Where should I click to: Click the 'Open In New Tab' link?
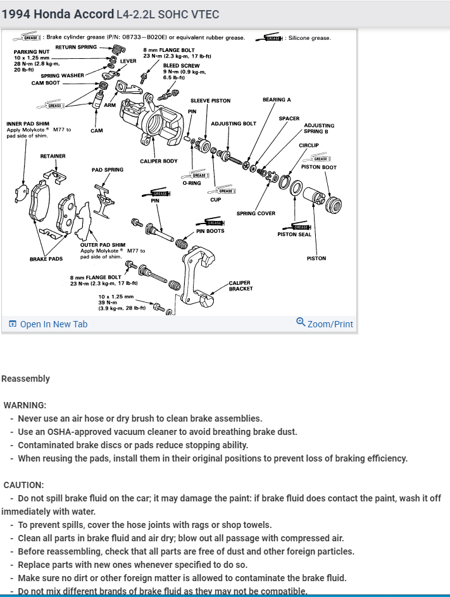click(49, 324)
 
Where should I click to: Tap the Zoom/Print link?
click(325, 324)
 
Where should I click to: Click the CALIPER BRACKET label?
click(241, 286)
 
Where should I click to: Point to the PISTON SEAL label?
click(294, 234)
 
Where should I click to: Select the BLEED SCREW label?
click(181, 66)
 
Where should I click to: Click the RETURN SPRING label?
click(76, 47)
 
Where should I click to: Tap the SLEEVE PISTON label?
click(210, 101)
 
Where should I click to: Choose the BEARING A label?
click(277, 100)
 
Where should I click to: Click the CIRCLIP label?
click(309, 146)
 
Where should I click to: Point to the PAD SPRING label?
click(108, 170)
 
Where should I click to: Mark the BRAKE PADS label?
click(46, 259)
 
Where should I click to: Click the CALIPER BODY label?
click(159, 161)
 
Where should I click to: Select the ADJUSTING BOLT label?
click(234, 123)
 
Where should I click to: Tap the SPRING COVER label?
click(256, 213)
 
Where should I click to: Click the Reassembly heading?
click(25, 379)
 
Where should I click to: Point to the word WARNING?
click(25, 405)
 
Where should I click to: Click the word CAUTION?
click(23, 484)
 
